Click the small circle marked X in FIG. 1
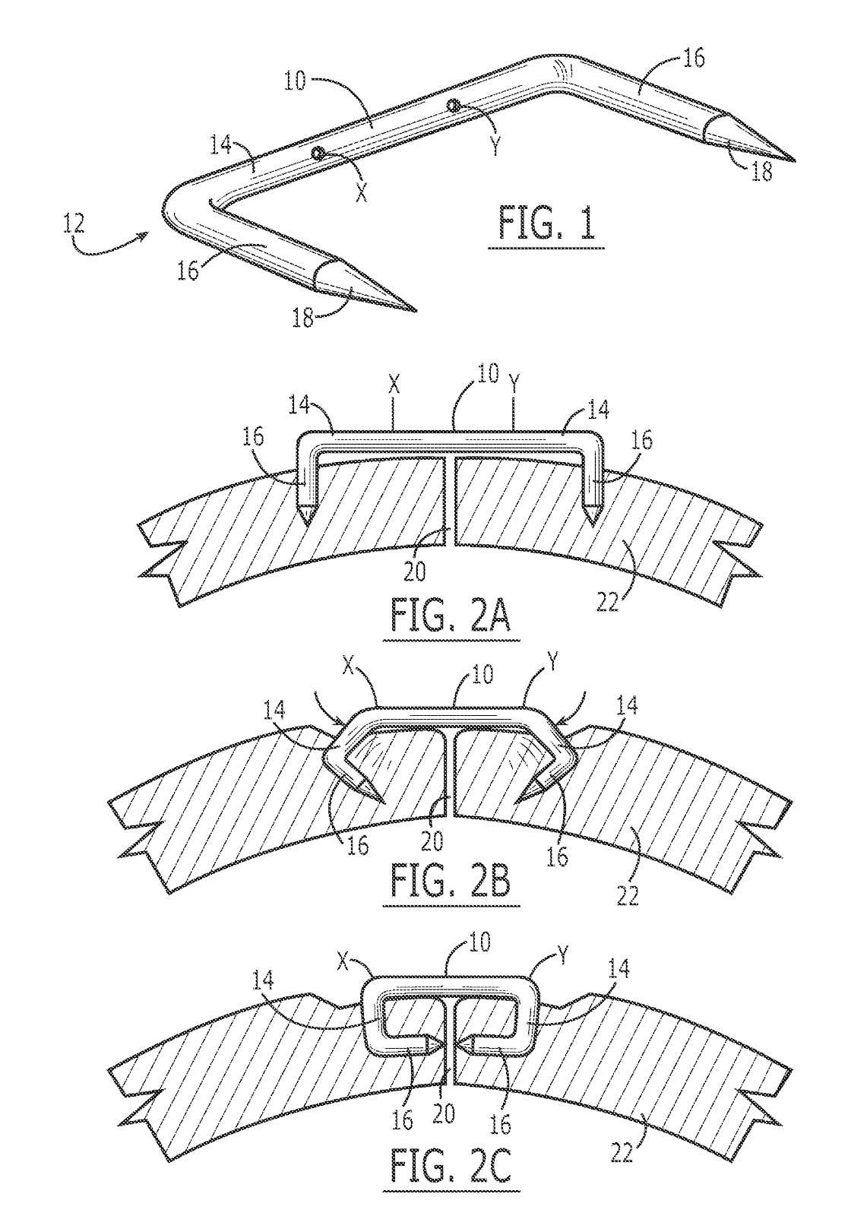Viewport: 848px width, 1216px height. pyautogui.click(x=318, y=154)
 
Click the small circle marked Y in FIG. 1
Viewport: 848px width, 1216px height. pyautogui.click(x=454, y=105)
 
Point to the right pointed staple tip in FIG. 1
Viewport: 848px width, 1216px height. pyautogui.click(x=794, y=161)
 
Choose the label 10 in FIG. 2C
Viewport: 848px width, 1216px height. pyautogui.click(x=478, y=943)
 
